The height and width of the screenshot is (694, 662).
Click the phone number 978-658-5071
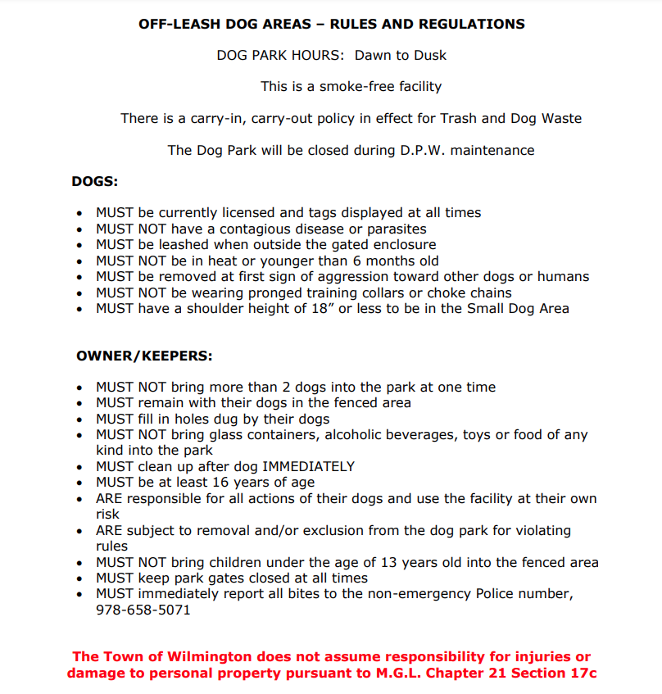coord(143,610)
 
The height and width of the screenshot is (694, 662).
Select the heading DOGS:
coord(95,181)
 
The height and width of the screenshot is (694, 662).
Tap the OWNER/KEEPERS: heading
coord(144,356)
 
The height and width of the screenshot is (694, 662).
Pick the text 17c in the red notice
coord(582,674)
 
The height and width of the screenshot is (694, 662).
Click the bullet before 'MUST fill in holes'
coord(79,420)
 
